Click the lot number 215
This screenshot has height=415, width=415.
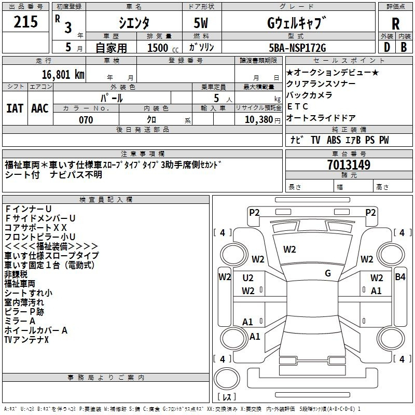(26, 22)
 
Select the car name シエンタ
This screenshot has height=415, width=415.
(133, 23)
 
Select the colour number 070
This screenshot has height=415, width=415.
(86, 120)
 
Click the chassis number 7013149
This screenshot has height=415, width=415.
(349, 165)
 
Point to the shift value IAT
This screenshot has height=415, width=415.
(15, 108)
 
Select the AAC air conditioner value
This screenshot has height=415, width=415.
(40, 108)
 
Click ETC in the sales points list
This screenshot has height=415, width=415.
(298, 106)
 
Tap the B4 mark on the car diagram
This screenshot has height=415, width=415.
(400, 277)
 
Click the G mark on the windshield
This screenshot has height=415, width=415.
(327, 273)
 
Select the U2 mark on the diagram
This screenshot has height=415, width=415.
(248, 278)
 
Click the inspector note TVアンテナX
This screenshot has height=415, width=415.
(26, 339)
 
